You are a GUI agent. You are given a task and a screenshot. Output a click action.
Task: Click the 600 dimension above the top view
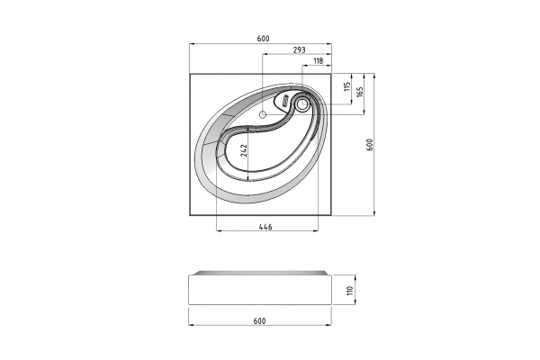[263, 39]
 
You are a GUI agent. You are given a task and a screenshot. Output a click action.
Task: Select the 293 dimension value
[300, 50]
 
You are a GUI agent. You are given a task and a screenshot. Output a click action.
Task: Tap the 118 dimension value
[319, 61]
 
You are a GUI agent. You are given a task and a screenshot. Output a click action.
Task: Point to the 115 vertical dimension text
[347, 86]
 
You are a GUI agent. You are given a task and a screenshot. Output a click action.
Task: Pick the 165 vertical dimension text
[360, 92]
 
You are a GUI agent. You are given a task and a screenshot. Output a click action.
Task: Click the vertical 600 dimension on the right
[370, 145]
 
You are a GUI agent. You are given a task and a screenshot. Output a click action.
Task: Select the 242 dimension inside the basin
[244, 150]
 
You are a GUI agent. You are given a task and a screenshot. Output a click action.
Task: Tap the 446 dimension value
[265, 227]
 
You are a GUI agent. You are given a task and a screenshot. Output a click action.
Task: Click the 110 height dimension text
[350, 291]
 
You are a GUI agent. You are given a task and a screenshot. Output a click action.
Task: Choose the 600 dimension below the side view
[260, 321]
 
